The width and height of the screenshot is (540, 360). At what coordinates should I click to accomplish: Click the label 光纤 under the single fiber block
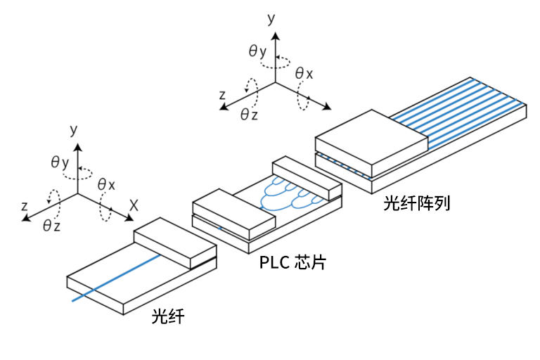pos(168,317)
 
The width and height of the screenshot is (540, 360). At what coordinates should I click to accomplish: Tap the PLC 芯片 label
pos(292,264)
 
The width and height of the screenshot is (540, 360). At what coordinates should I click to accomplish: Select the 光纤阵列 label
pos(416,204)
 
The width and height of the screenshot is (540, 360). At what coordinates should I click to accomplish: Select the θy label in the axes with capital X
pos(60,162)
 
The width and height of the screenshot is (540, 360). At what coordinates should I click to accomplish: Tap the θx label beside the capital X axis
pos(106,184)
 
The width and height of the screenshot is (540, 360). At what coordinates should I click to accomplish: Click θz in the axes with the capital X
pos(51,225)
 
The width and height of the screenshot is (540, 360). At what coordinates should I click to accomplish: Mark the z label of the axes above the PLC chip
pos(222,94)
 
